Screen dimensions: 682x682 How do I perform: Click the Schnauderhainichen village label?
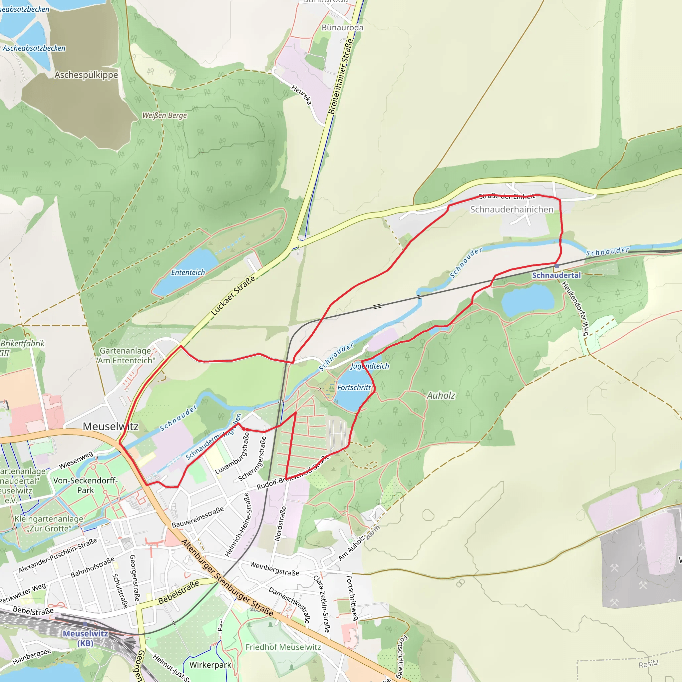click(511, 209)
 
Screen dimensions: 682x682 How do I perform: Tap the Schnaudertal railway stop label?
click(556, 275)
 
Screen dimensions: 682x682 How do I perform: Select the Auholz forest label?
click(441, 395)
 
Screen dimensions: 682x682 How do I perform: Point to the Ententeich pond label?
click(188, 272)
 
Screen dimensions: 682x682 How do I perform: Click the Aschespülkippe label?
click(86, 75)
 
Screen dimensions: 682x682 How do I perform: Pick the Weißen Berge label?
click(165, 116)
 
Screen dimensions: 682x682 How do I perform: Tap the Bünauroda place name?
click(342, 28)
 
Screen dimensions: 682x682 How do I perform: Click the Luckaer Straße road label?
click(233, 296)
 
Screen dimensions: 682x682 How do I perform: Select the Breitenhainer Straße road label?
click(340, 76)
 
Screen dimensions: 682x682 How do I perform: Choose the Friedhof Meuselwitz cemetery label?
click(283, 647)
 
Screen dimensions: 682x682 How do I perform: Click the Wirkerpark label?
click(210, 665)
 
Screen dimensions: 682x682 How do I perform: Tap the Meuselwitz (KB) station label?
click(86, 638)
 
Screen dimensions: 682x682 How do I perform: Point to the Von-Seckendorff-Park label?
click(86, 486)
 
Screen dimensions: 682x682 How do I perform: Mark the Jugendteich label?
click(370, 366)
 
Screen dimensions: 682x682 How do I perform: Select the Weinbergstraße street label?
click(274, 569)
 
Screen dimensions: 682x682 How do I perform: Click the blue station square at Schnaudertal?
click(557, 266)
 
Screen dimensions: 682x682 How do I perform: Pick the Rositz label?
click(649, 664)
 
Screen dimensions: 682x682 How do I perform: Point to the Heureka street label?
click(302, 95)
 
